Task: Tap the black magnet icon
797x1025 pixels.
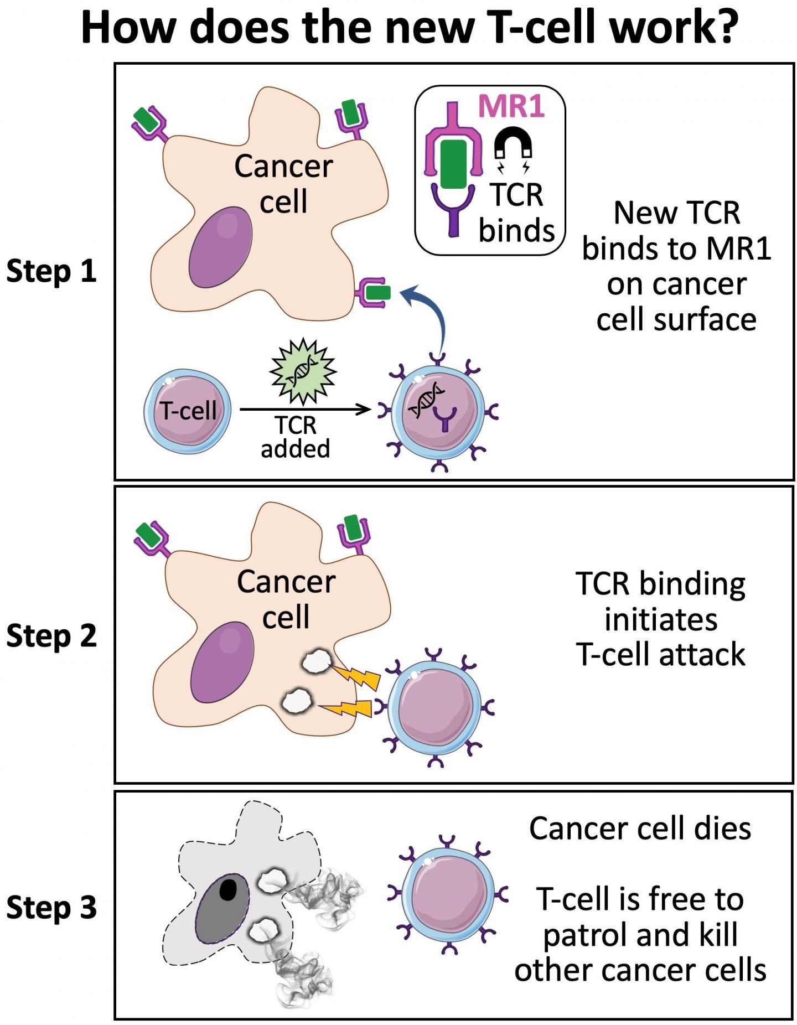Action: pos(513,143)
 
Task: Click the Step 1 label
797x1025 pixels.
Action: pos(51,271)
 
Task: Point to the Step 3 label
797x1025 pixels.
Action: pos(51,907)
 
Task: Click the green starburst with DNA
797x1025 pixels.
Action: pos(303,370)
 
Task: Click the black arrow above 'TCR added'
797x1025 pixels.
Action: pos(305,410)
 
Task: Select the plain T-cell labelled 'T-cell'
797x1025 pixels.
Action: pos(188,411)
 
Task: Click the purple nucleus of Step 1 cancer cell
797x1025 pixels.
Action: pos(220,247)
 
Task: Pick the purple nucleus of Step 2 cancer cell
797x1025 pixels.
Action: pos(222,662)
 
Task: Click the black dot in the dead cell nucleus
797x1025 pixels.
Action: pos(228,889)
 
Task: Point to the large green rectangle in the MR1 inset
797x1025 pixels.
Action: pos(454,164)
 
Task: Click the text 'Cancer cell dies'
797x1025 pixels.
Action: pos(640,829)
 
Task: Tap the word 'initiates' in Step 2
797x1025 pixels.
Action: pos(661,619)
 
